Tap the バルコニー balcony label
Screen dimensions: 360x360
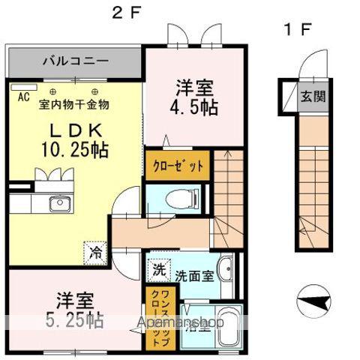coord(75,59)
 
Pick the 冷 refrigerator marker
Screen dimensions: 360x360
coord(96,252)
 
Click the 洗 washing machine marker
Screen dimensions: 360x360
coord(159,268)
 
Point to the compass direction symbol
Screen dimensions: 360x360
coord(314,302)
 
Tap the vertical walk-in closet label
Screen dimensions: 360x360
coord(154,316)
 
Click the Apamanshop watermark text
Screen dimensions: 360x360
coord(181,323)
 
